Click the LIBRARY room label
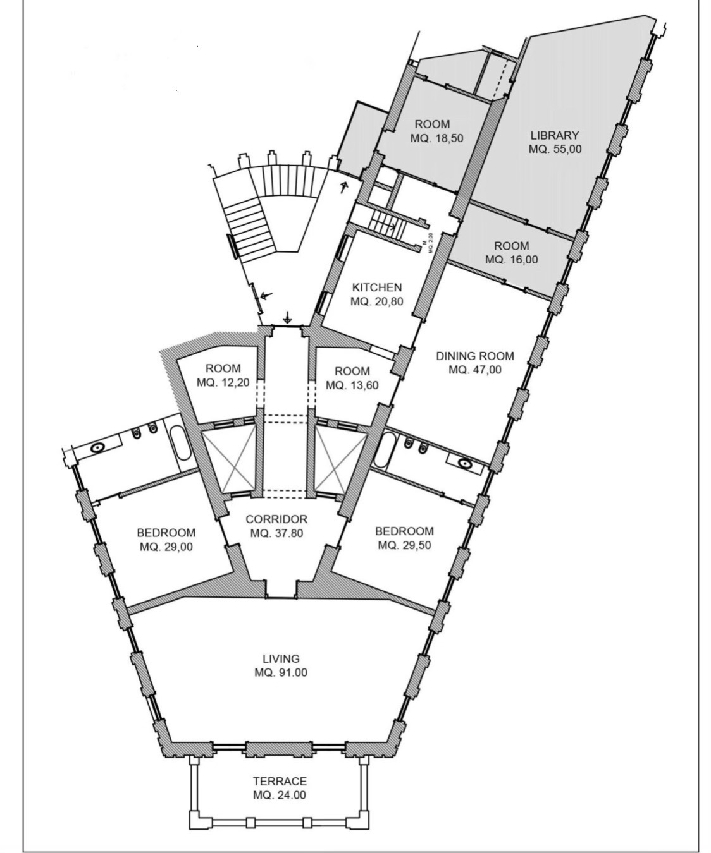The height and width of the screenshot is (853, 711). tap(555, 135)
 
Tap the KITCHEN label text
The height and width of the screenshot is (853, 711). tap(377, 287)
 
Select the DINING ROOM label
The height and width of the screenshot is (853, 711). tap(475, 356)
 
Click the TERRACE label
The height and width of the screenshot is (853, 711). tap(280, 781)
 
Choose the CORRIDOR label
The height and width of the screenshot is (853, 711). tap(276, 519)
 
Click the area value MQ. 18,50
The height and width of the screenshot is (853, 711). tap(437, 138)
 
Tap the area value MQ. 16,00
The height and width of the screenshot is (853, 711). tap(511, 260)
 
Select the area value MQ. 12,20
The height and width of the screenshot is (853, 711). tap(223, 383)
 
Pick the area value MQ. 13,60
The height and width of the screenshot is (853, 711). tap(352, 385)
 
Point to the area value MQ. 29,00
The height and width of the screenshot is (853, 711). tap(166, 547)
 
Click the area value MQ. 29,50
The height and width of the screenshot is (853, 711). tap(405, 545)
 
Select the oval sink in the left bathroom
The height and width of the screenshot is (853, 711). tap(97, 447)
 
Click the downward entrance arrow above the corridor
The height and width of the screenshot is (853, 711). tap(288, 317)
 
